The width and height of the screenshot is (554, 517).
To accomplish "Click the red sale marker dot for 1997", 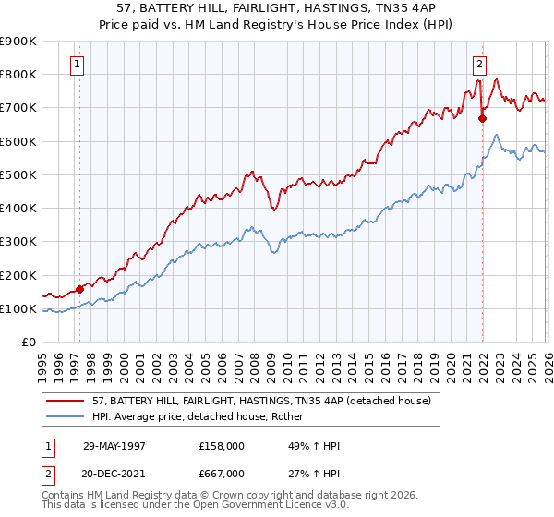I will pyautogui.click(x=79, y=289).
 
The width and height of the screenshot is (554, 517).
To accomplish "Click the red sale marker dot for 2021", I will pyautogui.click(x=482, y=118).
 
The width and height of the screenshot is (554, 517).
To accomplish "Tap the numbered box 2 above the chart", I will pyautogui.click(x=480, y=64).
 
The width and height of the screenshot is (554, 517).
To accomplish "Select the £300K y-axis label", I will pyautogui.click(x=18, y=242).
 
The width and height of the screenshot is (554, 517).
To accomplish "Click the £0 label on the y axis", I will pyautogui.click(x=28, y=343).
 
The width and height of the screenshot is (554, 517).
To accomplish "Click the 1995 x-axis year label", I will pyautogui.click(x=43, y=362).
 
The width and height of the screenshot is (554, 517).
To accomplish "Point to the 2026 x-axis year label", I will pyautogui.click(x=548, y=362).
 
